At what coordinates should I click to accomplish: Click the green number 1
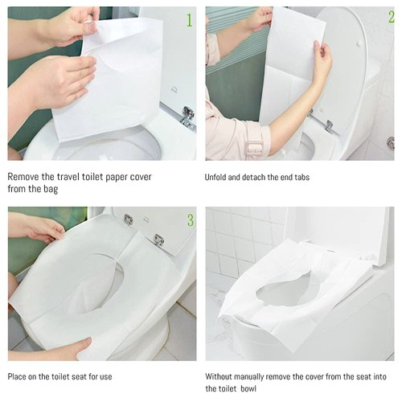(x=189, y=19)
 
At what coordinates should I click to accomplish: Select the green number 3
(x=189, y=219)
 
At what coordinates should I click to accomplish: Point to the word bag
(x=64, y=190)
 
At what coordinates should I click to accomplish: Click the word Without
(x=223, y=376)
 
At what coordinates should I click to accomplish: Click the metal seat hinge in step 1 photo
(x=187, y=115)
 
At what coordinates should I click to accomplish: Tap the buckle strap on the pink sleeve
(x=254, y=147)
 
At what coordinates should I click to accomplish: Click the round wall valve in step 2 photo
(x=390, y=142)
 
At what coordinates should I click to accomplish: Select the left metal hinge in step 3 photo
(x=128, y=219)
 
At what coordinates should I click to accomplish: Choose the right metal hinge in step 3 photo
(x=158, y=239)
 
